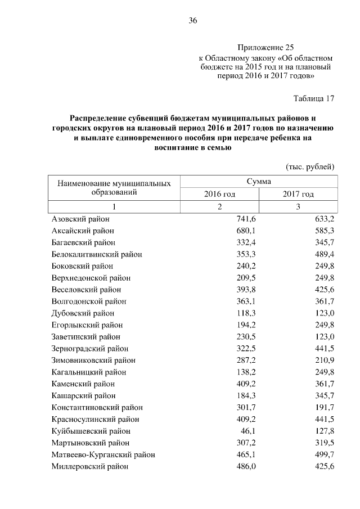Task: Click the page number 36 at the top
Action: [192, 21]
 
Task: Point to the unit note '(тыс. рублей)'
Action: [310, 166]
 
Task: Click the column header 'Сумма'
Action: [259, 182]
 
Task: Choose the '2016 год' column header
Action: [219, 194]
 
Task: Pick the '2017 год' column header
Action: [298, 194]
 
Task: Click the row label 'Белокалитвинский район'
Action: [96, 254]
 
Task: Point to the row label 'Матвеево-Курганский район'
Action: [103, 454]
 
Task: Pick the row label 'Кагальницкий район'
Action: [88, 372]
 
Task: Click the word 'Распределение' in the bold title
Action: [99, 119]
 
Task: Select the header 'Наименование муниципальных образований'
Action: [114, 188]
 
